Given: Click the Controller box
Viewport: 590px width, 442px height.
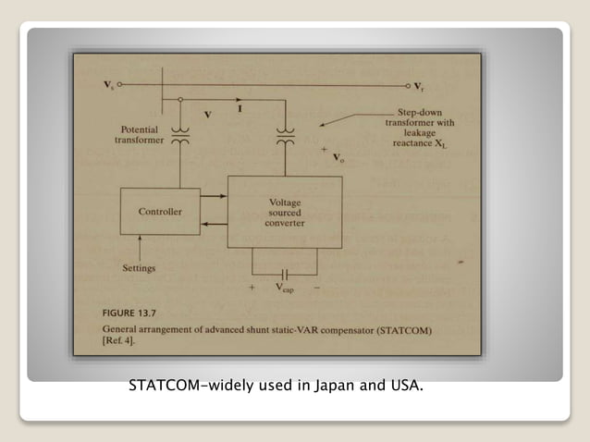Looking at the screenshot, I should [x=160, y=211].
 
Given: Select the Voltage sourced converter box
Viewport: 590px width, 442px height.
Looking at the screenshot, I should [x=285, y=213].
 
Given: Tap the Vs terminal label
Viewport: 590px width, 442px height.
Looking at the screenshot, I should [x=110, y=85].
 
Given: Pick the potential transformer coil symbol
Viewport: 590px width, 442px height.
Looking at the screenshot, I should [x=180, y=138].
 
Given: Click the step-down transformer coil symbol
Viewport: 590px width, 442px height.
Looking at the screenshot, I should [x=286, y=138].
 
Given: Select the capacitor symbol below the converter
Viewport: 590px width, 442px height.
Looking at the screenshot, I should [x=285, y=275].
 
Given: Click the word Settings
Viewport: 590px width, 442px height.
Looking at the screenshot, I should [x=140, y=268].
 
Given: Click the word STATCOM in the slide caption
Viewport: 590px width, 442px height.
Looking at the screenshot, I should [x=165, y=385].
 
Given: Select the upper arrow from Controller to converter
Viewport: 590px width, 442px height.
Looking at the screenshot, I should [x=215, y=197].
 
